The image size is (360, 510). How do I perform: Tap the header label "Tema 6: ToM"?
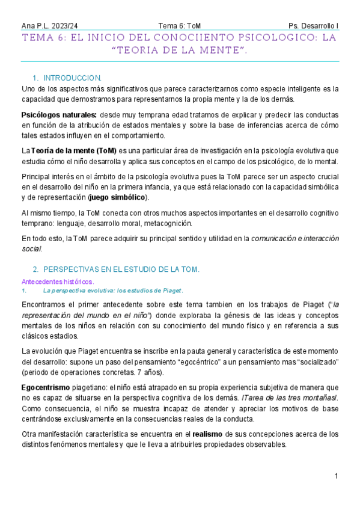coord(179,26)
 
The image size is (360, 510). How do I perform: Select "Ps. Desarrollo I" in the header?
coord(313,26)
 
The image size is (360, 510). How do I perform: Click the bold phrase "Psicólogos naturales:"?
coord(59,114)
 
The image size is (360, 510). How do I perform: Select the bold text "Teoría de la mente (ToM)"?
coord(74,150)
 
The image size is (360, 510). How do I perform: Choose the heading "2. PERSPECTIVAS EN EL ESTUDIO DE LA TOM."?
coord(116,268)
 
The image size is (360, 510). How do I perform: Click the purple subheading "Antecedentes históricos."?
coord(58,281)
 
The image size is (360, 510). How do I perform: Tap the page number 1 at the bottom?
coord(337,476)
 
